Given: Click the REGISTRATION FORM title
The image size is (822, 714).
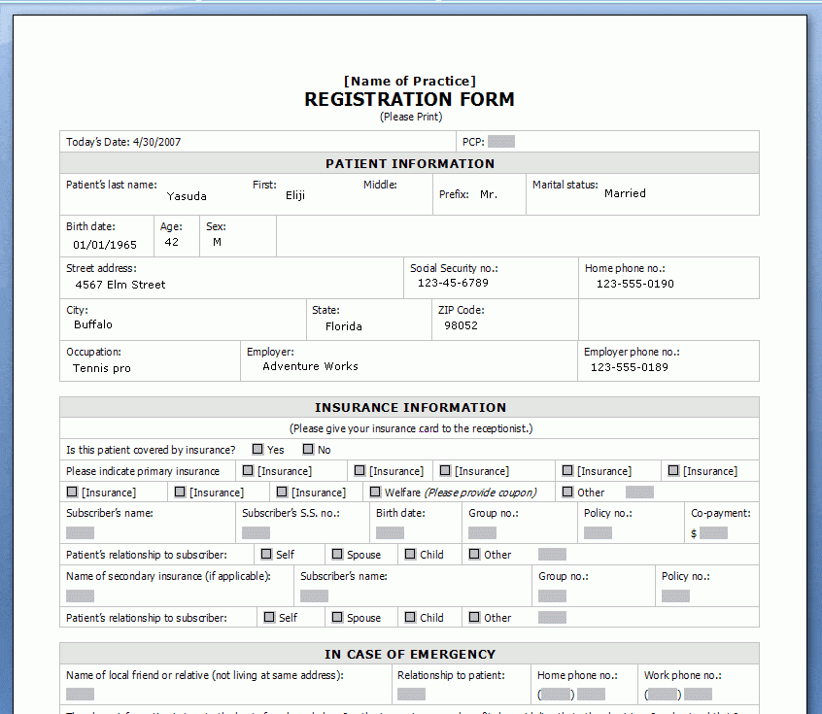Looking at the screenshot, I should pyautogui.click(x=409, y=99).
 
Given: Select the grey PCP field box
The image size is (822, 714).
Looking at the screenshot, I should pyautogui.click(x=501, y=142).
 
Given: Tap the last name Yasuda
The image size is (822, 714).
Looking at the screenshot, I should pyautogui.click(x=187, y=196).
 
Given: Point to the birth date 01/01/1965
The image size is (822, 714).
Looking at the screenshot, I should pyautogui.click(x=105, y=246).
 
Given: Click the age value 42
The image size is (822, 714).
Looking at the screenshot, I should pyautogui.click(x=172, y=242).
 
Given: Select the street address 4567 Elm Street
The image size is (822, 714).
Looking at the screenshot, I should pyautogui.click(x=120, y=285).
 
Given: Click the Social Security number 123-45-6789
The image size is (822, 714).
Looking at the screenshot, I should pyautogui.click(x=453, y=283).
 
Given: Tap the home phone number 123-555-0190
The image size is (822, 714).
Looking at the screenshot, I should pyautogui.click(x=634, y=284).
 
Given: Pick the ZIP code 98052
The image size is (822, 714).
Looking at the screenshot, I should pyautogui.click(x=461, y=326).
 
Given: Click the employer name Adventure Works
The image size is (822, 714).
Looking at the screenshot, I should pyautogui.click(x=310, y=366).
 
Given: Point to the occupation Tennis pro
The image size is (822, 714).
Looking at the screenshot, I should pyautogui.click(x=102, y=368).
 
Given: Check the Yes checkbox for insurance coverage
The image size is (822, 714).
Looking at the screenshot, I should pyautogui.click(x=257, y=450).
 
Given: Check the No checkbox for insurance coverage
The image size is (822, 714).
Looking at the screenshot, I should pyautogui.click(x=308, y=450).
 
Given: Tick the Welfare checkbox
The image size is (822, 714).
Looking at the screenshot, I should pyautogui.click(x=375, y=493).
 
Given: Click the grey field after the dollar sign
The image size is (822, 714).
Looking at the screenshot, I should pyautogui.click(x=713, y=533).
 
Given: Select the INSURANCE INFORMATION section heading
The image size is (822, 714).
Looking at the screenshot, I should pyautogui.click(x=410, y=408).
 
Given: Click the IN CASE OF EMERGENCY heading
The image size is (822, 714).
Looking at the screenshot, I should pyautogui.click(x=410, y=655).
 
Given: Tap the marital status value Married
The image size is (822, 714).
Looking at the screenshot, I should pyautogui.click(x=625, y=193).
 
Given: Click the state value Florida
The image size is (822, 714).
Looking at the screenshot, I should pyautogui.click(x=344, y=326).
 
